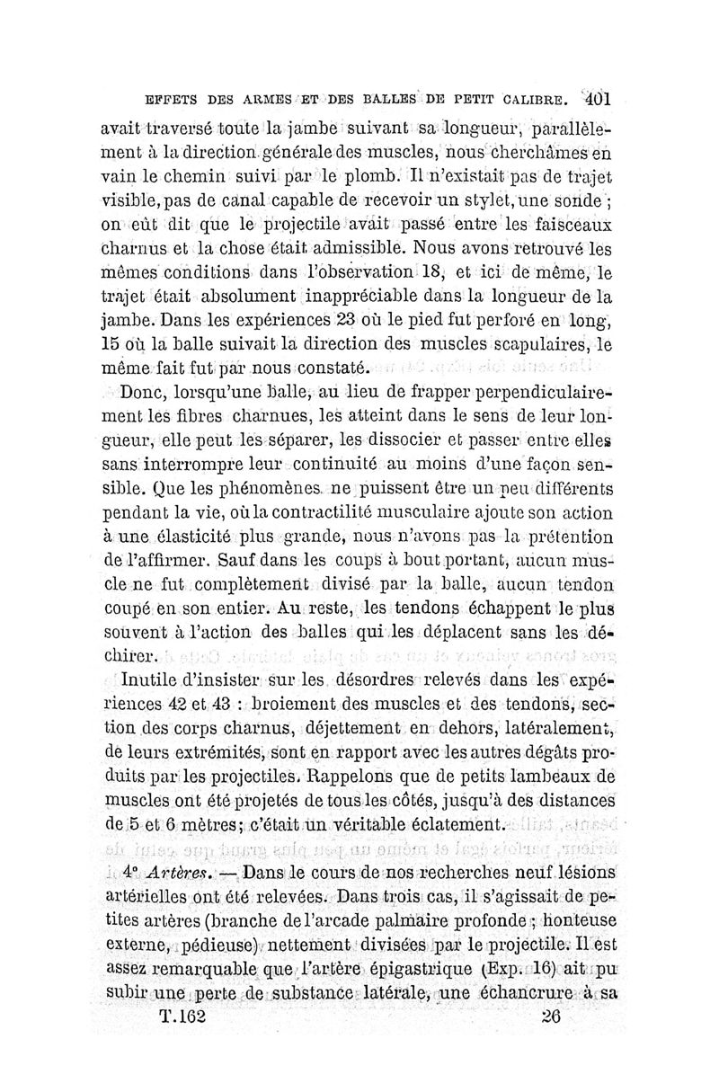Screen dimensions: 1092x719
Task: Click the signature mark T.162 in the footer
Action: coord(182,1017)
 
